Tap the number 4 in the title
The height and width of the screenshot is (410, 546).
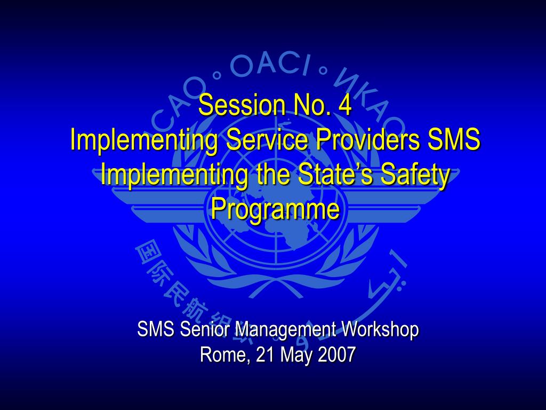pyautogui.click(x=345, y=105)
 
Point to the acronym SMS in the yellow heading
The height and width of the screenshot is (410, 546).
pyautogui.click(x=454, y=139)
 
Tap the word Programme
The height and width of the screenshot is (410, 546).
pyautogui.click(x=275, y=210)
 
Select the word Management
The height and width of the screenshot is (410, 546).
pyautogui.click(x=286, y=330)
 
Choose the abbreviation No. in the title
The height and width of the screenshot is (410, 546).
pyautogui.click(x=312, y=105)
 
